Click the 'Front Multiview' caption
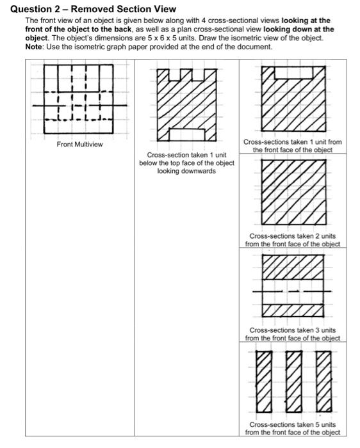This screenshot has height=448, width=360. pyautogui.click(x=79, y=145)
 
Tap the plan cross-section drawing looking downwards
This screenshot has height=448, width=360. pyautogui.click(x=187, y=106)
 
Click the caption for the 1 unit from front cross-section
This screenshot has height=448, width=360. pyautogui.click(x=293, y=145)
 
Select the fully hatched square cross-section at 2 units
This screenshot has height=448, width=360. pyautogui.click(x=293, y=193)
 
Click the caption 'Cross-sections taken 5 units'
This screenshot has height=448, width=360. pyautogui.click(x=293, y=428)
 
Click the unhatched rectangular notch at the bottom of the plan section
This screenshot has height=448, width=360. pyautogui.click(x=187, y=134)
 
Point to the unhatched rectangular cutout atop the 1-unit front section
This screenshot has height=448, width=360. pyautogui.click(x=293, y=72)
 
